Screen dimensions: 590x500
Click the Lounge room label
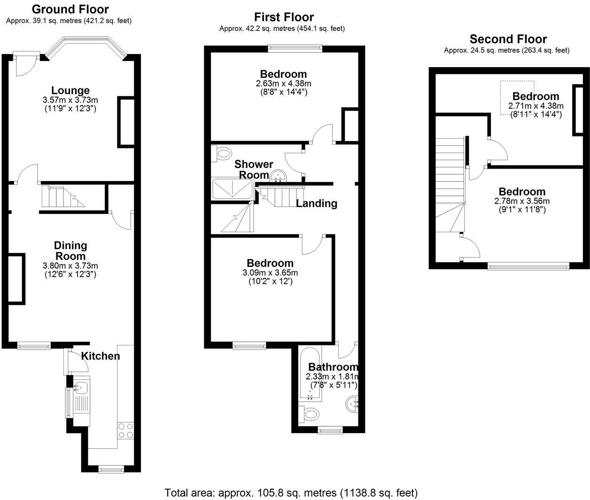pyautogui.click(x=70, y=90)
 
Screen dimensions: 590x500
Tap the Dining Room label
pyautogui.click(x=70, y=250)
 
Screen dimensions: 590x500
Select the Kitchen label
pyautogui.click(x=101, y=356)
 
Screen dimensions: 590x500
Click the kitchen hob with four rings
pyautogui.click(x=125, y=430)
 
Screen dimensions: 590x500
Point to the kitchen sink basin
pyautogui.click(x=82, y=388)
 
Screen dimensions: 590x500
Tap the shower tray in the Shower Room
pyautogui.click(x=233, y=189)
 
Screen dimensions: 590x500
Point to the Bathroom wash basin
pyautogui.click(x=352, y=404)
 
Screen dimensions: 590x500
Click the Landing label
pyautogui.click(x=317, y=203)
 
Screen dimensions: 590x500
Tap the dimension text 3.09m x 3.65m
pyautogui.click(x=270, y=273)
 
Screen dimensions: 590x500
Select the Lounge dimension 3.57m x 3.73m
pyautogui.click(x=70, y=100)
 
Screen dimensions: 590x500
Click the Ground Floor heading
pyautogui.click(x=70, y=9)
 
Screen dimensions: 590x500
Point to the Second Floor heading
pyautogui.click(x=508, y=39)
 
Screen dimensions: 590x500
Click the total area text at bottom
pyautogui.click(x=291, y=492)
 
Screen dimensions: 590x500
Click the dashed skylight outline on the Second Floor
pyautogui.click(x=517, y=98)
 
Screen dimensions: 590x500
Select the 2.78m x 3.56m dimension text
pyautogui.click(x=522, y=201)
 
